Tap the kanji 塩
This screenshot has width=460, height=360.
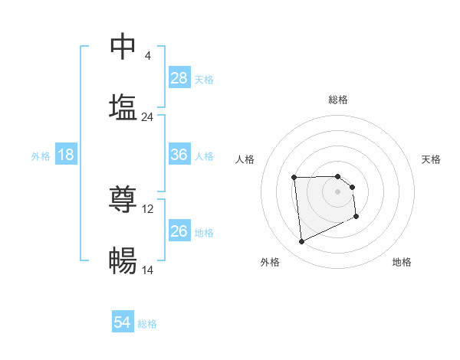(x=123, y=106)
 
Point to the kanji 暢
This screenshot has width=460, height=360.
(x=123, y=261)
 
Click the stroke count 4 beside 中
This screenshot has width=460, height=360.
(x=147, y=56)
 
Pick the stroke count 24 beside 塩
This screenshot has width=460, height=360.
(x=147, y=117)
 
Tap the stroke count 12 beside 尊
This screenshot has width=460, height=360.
(x=148, y=209)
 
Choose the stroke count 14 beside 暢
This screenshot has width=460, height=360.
(x=148, y=270)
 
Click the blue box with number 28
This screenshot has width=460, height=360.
(x=179, y=78)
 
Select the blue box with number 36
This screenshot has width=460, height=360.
(x=179, y=155)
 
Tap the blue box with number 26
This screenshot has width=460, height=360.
(x=179, y=231)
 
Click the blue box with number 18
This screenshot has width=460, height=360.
(x=66, y=155)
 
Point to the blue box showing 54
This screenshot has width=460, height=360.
(x=122, y=323)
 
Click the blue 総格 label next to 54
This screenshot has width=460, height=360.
(x=147, y=324)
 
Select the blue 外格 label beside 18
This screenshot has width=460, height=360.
(x=41, y=155)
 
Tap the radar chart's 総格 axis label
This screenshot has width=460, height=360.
(x=338, y=100)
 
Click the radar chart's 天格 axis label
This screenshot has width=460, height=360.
(x=432, y=159)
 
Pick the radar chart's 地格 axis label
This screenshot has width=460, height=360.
(x=402, y=262)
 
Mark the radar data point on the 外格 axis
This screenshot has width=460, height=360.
(x=302, y=242)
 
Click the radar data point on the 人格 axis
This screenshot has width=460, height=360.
(x=294, y=178)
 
